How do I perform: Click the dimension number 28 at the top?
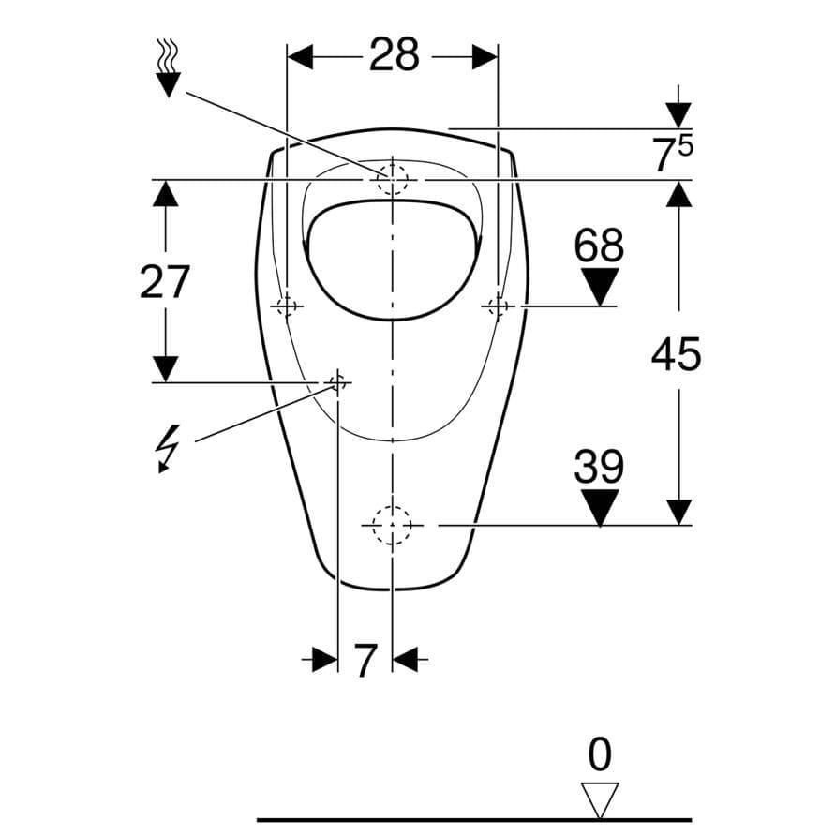tap(394, 54)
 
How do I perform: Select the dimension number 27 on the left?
tap(165, 282)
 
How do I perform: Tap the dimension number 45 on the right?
tap(676, 354)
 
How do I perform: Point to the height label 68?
tap(599, 245)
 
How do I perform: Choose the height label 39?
tap(599, 466)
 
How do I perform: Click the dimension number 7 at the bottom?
tap(365, 661)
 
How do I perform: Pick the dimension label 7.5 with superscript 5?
tap(673, 154)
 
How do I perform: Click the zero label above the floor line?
tap(600, 754)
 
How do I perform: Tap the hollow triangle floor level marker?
tap(600, 798)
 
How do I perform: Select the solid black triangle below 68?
tap(600, 287)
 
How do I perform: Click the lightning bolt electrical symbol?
tap(167, 448)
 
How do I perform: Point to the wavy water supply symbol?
tap(169, 67)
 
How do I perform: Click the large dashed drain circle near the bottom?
tap(392, 525)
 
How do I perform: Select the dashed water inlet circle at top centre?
tap(392, 179)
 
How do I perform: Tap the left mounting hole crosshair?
tap(287, 306)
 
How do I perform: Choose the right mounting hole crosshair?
tap(498, 306)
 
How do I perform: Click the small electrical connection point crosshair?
tap(337, 382)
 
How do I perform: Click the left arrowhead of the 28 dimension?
tap(300, 57)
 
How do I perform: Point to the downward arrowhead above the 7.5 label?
tap(678, 115)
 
